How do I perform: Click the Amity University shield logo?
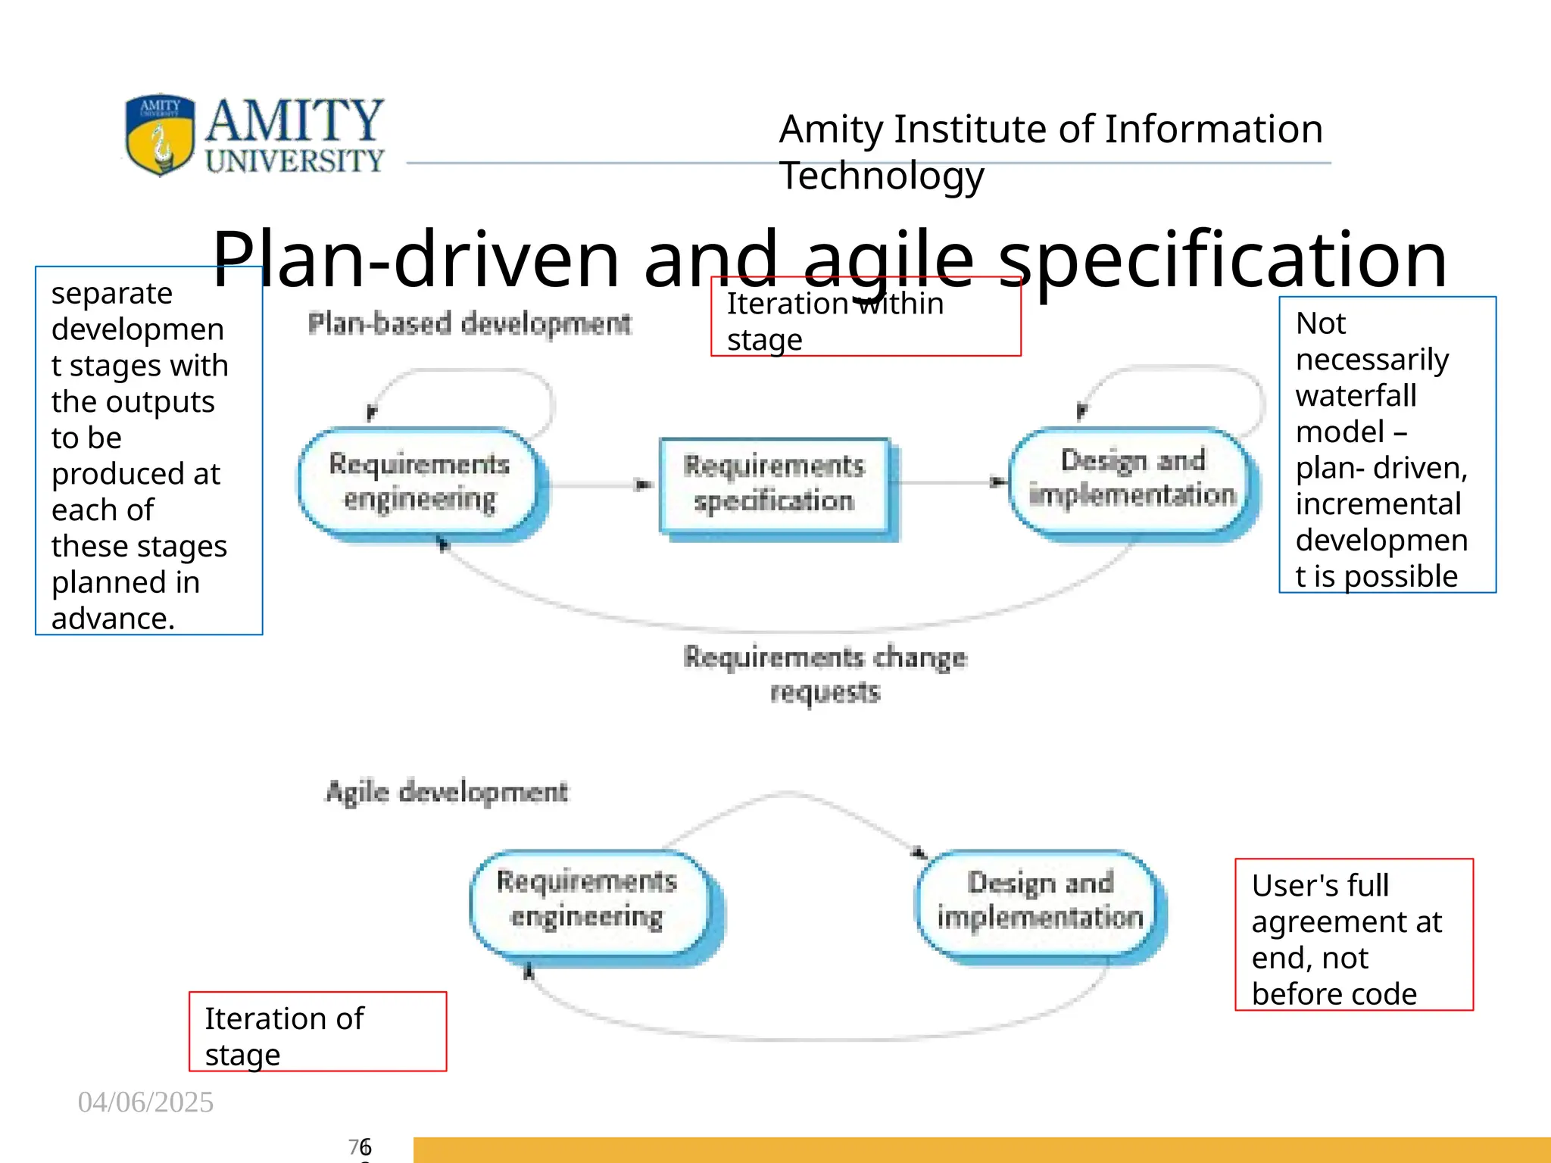[160, 135]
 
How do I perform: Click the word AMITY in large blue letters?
[295, 121]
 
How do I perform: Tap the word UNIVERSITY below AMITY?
[295, 161]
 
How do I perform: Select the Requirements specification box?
[773, 484]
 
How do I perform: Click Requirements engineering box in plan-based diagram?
[419, 482]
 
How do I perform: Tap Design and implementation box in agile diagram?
[1040, 900]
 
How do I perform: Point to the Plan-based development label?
[470, 324]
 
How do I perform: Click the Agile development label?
[447, 792]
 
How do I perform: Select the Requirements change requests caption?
[825, 674]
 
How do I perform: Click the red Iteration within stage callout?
[866, 316]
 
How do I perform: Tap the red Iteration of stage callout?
[317, 1031]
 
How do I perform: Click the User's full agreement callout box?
[1353, 934]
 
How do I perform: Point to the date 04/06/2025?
[145, 1102]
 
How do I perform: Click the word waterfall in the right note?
[1356, 395]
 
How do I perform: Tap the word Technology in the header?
[882, 176]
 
